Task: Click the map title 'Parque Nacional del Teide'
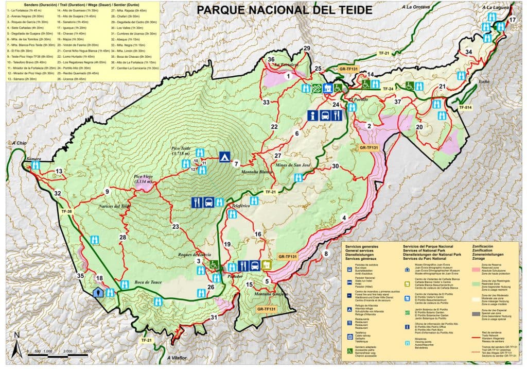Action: point(285,9)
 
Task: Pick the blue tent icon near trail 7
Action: point(224,156)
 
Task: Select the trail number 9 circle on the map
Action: point(107,192)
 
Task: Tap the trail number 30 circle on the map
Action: point(335,166)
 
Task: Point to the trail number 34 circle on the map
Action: point(468,52)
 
